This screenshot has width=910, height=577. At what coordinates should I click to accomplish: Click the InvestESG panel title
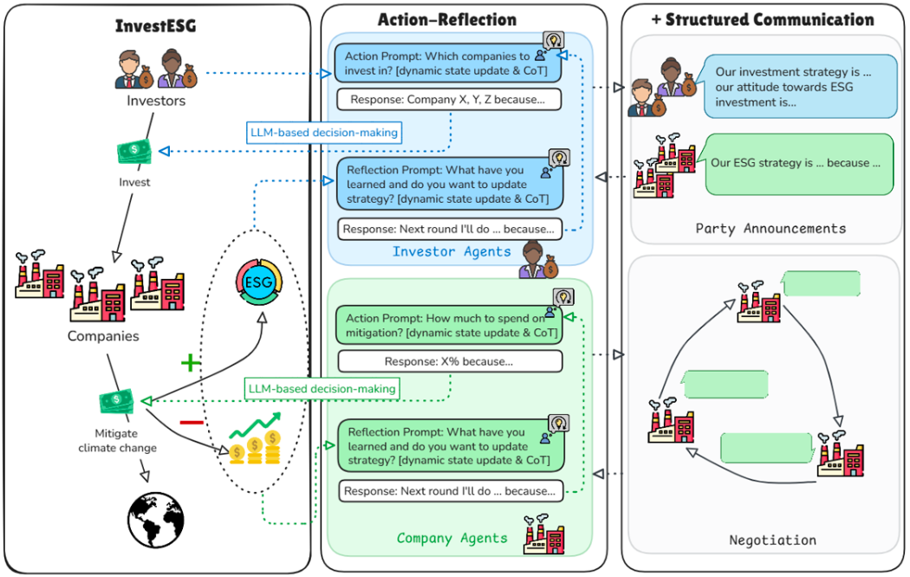pyautogui.click(x=156, y=25)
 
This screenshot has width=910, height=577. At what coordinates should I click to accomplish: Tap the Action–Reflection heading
pyautogui.click(x=447, y=19)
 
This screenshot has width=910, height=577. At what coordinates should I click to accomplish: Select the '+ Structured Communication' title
pyautogui.click(x=764, y=19)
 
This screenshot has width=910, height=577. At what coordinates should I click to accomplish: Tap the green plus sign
pyautogui.click(x=190, y=363)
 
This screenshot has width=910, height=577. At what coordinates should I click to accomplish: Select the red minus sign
pyautogui.click(x=191, y=422)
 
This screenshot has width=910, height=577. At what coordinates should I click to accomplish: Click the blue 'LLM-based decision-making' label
pyautogui.click(x=322, y=133)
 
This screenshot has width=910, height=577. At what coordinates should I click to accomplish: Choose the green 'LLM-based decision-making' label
pyautogui.click(x=321, y=389)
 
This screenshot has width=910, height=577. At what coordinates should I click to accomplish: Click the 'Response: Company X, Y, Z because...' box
pyautogui.click(x=448, y=100)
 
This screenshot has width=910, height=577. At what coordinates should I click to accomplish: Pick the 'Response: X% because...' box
pyautogui.click(x=448, y=361)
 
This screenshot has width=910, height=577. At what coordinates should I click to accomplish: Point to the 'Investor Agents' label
pyautogui.click(x=452, y=251)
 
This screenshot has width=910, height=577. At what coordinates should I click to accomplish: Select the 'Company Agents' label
pyautogui.click(x=452, y=538)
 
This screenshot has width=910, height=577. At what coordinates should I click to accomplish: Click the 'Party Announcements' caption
pyautogui.click(x=770, y=229)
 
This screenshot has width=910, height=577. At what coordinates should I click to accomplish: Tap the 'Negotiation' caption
pyautogui.click(x=772, y=540)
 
